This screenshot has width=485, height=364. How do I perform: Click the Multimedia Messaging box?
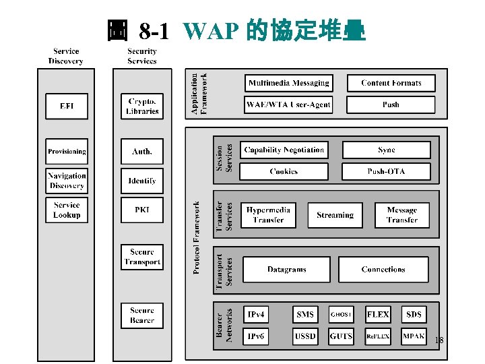288,83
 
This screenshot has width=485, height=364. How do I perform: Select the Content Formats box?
391,83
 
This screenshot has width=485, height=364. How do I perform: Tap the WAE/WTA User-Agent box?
288,104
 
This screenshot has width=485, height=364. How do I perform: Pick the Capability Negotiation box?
284,150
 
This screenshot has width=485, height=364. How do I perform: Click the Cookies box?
284,171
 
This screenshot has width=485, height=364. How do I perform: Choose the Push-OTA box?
386,171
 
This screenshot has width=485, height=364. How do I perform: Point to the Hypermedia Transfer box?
268,215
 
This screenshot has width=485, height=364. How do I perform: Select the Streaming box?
335,215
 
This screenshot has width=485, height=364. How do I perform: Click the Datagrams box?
286,269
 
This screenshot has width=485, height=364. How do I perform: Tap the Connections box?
383,269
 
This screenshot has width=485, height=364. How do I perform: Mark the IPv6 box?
255,336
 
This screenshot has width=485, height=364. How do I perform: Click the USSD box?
305,336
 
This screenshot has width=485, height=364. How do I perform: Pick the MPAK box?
414,336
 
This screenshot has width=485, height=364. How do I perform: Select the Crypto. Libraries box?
142,107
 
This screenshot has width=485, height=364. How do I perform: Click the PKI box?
142,210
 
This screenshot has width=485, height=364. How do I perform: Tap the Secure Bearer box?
142,315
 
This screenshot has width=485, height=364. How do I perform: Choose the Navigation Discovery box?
67,181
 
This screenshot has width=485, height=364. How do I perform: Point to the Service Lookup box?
67,210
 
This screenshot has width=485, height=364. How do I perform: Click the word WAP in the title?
210,31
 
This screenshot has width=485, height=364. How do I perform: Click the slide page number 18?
439,340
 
